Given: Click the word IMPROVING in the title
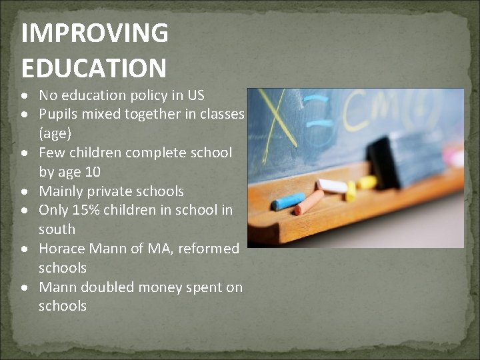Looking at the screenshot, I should click(94, 33).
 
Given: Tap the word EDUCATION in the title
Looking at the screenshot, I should click(93, 67).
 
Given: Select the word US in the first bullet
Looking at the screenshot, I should click(195, 95).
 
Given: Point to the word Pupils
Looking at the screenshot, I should click(59, 115).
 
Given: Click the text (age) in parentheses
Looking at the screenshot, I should click(55, 133).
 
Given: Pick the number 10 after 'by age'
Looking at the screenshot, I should click(93, 172).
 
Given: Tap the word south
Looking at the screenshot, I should click(57, 229).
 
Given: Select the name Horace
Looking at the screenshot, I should click(62, 249).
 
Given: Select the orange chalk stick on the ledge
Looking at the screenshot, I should click(309, 203).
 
